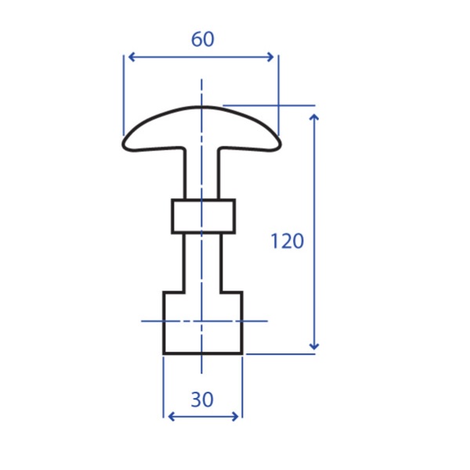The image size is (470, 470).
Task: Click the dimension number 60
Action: click(203, 39)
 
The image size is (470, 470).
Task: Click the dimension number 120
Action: click(287, 241)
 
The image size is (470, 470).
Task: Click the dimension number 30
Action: click(202, 399)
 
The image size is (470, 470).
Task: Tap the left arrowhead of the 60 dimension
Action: click(132, 57)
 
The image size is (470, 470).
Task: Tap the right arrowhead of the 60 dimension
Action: click(271, 57)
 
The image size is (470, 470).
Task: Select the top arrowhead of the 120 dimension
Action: click(314, 117)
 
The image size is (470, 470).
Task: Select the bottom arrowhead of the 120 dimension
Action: click(314, 346)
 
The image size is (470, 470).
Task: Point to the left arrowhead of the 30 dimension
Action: click(172, 417)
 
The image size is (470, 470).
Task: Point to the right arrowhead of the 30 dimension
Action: click(235, 417)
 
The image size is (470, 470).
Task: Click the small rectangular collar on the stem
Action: click(203, 216)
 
